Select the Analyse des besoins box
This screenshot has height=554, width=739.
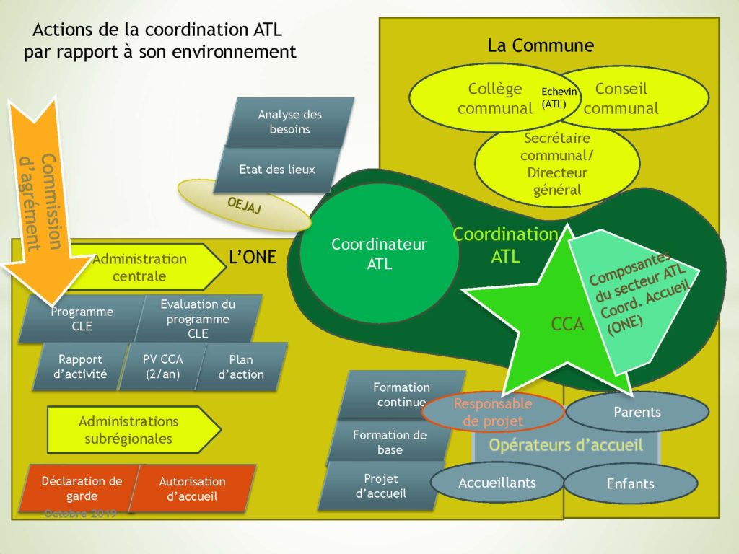[290, 122]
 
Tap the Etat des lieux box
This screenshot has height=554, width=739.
[277, 170]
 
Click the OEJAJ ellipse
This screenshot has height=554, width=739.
[244, 205]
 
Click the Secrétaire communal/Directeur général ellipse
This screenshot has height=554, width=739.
[557, 164]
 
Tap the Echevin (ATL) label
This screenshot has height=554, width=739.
[554, 98]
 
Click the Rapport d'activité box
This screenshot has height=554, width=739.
[81, 366]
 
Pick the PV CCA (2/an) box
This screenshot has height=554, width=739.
[162, 366]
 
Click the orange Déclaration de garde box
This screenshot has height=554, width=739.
[81, 488]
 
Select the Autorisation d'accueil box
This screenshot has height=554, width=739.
[193, 488]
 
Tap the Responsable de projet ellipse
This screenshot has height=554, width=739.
[492, 412]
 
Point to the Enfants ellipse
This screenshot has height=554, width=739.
[630, 483]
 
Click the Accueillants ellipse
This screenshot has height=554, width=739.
[497, 483]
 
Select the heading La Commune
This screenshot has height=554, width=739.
[541, 45]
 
